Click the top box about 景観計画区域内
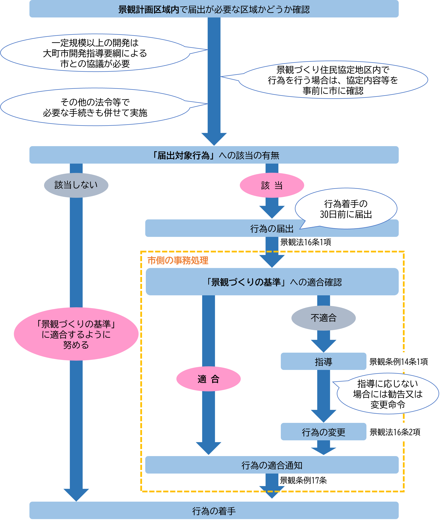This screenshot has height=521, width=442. [x=214, y=9]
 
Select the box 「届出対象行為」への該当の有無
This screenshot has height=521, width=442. [x=214, y=155]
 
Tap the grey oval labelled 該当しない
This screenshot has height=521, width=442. [x=76, y=185]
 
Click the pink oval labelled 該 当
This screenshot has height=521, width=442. [x=272, y=185]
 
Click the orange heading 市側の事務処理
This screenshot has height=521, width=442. [x=178, y=260]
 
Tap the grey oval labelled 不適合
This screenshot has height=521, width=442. [x=323, y=318]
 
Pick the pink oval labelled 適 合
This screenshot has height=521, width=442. [x=208, y=379]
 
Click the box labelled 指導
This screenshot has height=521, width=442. [x=323, y=361]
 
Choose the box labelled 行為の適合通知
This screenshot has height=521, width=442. [x=272, y=465]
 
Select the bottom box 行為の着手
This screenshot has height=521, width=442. [x=214, y=511]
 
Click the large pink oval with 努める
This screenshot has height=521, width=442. [x=76, y=334]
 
